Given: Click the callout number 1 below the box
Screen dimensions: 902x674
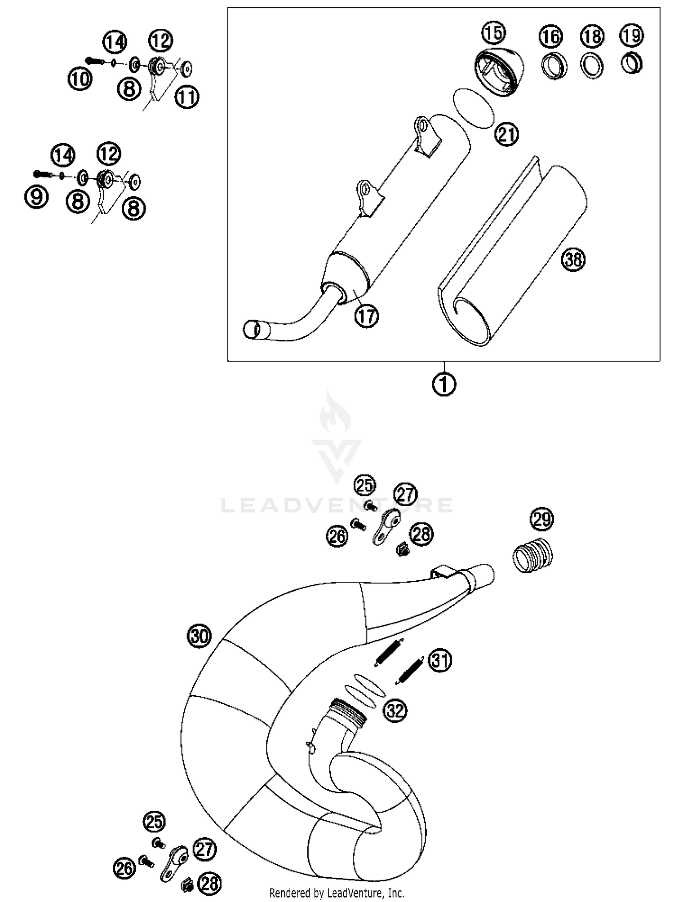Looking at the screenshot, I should click(444, 384).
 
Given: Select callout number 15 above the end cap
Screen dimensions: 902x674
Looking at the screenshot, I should click(494, 32).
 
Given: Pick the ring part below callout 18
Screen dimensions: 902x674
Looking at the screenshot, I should click(592, 66).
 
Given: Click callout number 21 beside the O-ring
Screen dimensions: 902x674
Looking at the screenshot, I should click(506, 134).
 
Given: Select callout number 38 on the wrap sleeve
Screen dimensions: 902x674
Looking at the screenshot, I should click(573, 260).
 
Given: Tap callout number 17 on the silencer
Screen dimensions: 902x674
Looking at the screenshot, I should click(367, 316).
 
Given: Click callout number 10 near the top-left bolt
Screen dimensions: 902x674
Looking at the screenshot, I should click(80, 80).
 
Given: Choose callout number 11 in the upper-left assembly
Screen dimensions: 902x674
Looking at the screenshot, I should click(187, 97).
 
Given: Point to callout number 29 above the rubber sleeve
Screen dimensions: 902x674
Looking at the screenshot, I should click(541, 519).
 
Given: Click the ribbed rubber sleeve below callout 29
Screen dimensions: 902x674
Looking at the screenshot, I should click(533, 554).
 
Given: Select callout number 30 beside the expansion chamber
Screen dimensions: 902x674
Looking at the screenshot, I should click(199, 636).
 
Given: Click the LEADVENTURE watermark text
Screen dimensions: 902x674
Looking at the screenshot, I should click(337, 505).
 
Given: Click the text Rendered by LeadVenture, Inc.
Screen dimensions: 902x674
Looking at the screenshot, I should click(337, 893).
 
